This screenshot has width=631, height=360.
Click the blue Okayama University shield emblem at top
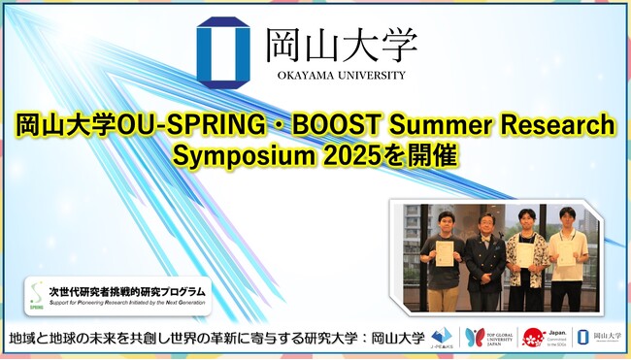coord(222,50)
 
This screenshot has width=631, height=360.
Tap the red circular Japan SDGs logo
coord(533,337)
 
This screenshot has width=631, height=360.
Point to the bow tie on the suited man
coord(485,235)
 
